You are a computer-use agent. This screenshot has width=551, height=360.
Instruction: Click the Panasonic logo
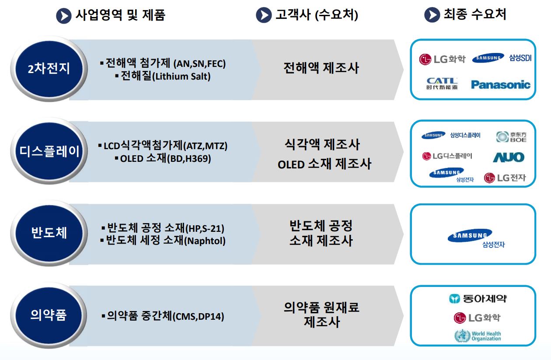500,84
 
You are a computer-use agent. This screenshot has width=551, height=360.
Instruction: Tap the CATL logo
442,83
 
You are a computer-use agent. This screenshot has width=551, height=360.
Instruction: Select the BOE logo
512,137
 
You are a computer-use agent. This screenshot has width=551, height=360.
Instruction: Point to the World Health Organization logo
478,336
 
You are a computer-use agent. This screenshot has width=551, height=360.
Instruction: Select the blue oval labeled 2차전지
49,69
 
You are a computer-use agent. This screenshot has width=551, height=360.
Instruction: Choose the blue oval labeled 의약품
49,315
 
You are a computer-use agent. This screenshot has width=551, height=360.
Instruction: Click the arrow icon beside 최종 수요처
432,15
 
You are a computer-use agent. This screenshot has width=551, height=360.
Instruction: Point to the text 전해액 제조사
321,68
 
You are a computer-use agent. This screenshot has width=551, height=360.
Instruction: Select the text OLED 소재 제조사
324,164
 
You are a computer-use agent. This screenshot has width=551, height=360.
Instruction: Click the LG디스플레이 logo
447,156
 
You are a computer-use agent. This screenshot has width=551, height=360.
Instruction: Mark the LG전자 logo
505,178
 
